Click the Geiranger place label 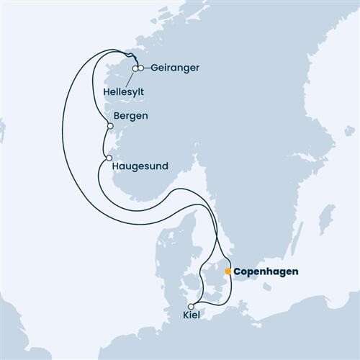click(172, 68)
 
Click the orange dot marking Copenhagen click(228, 271)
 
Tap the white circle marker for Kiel click(191, 306)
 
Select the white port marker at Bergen click(109, 125)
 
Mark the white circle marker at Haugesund click(108, 158)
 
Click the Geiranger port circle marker click(142, 68)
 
